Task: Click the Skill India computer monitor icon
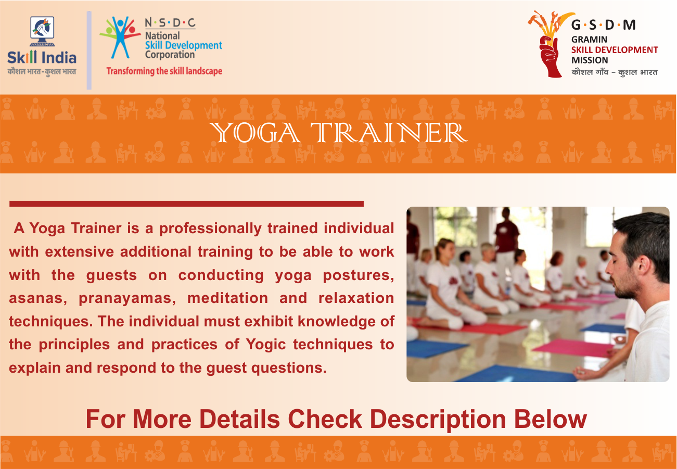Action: coord(42,31)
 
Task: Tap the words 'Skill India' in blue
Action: coord(42,57)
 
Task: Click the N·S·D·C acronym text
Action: coord(170,23)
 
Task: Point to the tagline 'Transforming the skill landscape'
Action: coord(164,71)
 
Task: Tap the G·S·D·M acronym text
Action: coord(603,25)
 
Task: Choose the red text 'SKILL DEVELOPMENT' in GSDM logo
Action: coord(615,50)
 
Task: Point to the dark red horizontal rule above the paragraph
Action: coord(186,204)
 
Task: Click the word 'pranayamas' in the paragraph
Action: coord(127,299)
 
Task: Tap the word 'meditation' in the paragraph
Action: coord(227,298)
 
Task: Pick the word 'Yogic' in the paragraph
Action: coord(266,345)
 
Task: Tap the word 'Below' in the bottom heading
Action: coord(550,419)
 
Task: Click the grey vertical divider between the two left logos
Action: coord(89,50)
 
